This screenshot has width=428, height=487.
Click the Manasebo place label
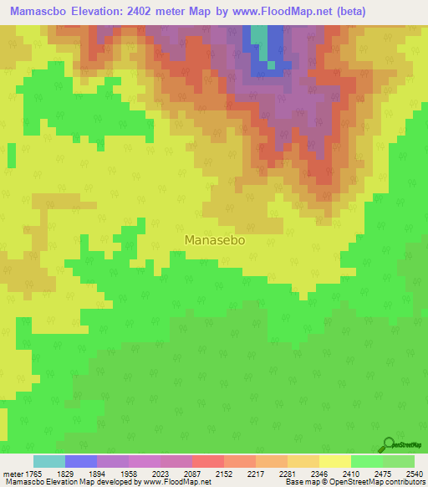coord(214,239)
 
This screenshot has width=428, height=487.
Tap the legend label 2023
coord(160,474)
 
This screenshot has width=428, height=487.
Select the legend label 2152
coord(224,474)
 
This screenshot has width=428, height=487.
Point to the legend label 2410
coord(352,474)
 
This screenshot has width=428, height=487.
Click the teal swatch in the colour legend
coord(49,461)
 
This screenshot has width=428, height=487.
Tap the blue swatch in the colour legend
coord(81,461)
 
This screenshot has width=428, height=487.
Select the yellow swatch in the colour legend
coord(335,461)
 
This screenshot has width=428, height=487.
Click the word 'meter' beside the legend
coord(11,474)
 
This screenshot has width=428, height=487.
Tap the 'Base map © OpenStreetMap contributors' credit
coord(354,482)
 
